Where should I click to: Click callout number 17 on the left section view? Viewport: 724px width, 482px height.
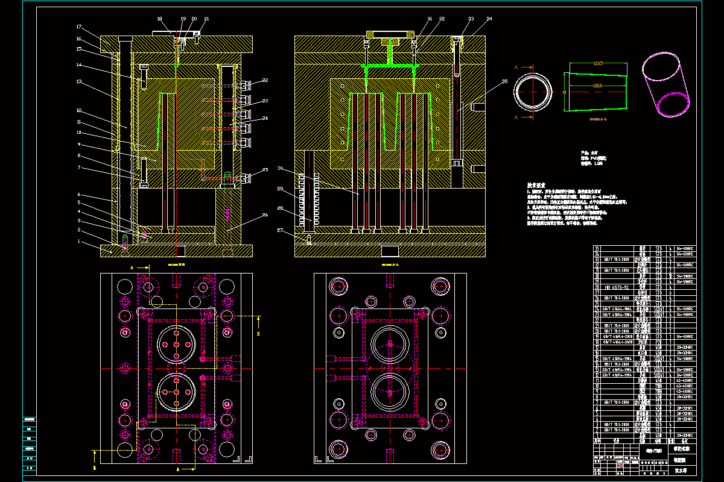tap(78, 27)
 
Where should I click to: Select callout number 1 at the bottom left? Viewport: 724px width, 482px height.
tap(78, 242)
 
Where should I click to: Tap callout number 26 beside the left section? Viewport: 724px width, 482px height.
tap(265, 215)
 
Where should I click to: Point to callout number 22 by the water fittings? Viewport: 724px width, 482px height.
tap(265, 81)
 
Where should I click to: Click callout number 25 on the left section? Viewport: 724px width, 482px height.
tap(265, 170)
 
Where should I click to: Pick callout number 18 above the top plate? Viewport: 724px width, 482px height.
tap(160, 19)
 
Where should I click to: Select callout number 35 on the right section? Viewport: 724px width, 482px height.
tap(504, 81)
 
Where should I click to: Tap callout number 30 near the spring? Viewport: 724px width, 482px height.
tap(280, 168)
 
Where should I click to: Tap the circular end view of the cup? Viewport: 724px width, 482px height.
tap(533, 93)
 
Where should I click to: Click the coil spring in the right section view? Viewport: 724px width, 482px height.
tap(307, 199)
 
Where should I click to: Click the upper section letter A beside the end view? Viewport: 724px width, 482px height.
tap(516, 68)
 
